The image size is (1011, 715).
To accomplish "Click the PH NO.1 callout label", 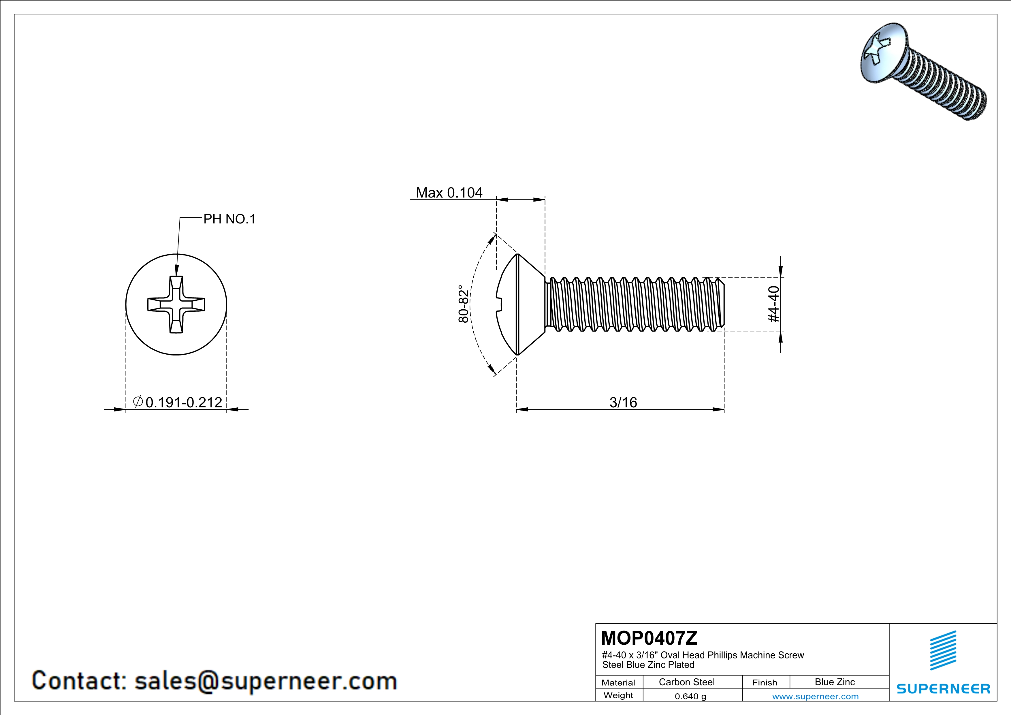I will (229, 219).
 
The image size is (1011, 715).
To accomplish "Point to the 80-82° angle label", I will (464, 304).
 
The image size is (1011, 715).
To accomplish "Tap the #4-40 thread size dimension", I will (774, 304).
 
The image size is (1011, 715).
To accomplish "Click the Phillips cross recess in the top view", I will (176, 304).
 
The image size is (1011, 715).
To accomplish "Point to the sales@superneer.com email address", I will (266, 681).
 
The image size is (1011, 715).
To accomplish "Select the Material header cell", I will (618, 682).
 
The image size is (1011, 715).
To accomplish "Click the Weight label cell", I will (618, 695).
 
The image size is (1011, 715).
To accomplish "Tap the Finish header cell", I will (765, 682).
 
